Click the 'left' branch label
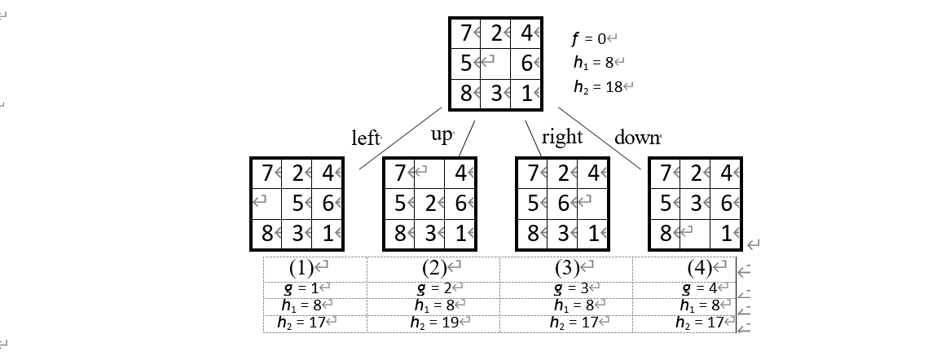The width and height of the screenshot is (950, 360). [366, 138]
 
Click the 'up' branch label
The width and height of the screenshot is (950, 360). [441, 134]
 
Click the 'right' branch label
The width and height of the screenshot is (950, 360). [561, 136]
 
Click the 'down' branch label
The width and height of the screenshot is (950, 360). [637, 137]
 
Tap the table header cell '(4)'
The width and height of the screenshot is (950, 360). [701, 267]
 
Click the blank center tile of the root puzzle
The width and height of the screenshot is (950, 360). [495, 63]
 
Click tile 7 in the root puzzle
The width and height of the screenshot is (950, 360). [465, 33]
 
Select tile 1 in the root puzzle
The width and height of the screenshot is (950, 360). [526, 93]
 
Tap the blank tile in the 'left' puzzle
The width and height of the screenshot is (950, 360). [265, 204]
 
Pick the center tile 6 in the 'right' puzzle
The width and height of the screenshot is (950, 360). [562, 204]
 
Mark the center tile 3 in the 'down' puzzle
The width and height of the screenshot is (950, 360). [695, 204]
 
